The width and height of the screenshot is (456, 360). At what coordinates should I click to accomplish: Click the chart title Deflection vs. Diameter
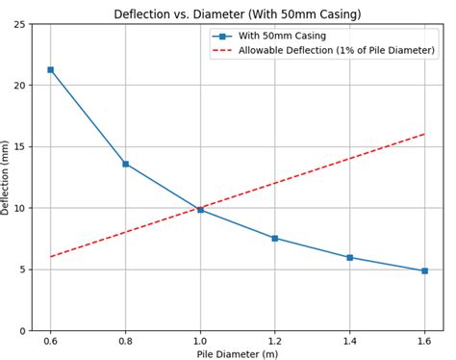(x=237, y=13)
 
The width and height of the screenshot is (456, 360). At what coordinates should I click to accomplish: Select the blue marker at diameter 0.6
(x=51, y=69)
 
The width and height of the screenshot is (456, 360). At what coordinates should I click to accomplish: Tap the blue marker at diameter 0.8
(x=125, y=164)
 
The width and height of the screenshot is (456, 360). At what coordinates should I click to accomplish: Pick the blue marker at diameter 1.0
(x=200, y=209)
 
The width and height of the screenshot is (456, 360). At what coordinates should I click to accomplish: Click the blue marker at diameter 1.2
(x=275, y=238)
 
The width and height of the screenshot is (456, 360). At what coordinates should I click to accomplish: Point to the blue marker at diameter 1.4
(x=349, y=257)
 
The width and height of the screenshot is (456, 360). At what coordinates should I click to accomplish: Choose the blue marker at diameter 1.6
(x=424, y=270)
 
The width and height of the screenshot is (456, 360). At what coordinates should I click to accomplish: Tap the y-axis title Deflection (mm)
(x=7, y=177)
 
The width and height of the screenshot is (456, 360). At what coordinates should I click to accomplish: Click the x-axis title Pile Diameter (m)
(x=237, y=353)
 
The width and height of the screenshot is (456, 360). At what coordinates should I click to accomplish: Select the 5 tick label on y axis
(x=22, y=270)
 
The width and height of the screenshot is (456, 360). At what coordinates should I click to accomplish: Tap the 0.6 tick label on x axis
(x=51, y=340)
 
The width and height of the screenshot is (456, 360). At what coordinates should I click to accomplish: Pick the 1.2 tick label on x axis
(x=275, y=340)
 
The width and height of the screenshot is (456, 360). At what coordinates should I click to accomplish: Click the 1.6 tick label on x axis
(x=424, y=340)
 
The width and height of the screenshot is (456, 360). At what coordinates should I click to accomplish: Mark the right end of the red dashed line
(x=424, y=134)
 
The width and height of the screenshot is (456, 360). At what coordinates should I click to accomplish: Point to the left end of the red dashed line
(x=51, y=257)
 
